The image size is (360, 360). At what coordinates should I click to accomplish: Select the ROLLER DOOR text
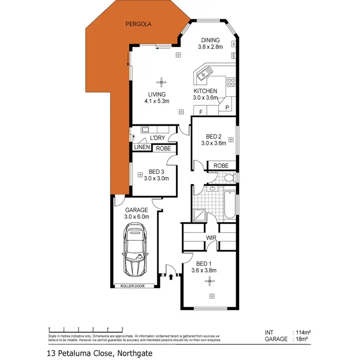(137, 286)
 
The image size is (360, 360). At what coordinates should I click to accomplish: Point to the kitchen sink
(203, 75)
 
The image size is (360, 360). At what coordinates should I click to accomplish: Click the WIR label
(210, 238)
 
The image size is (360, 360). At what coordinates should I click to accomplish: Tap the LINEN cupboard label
(142, 147)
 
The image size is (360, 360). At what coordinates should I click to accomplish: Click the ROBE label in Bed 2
(221, 166)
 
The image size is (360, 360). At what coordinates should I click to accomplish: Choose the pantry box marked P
(227, 107)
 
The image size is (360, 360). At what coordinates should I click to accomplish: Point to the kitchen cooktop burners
(231, 81)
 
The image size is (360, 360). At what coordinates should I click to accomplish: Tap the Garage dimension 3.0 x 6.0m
(137, 216)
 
